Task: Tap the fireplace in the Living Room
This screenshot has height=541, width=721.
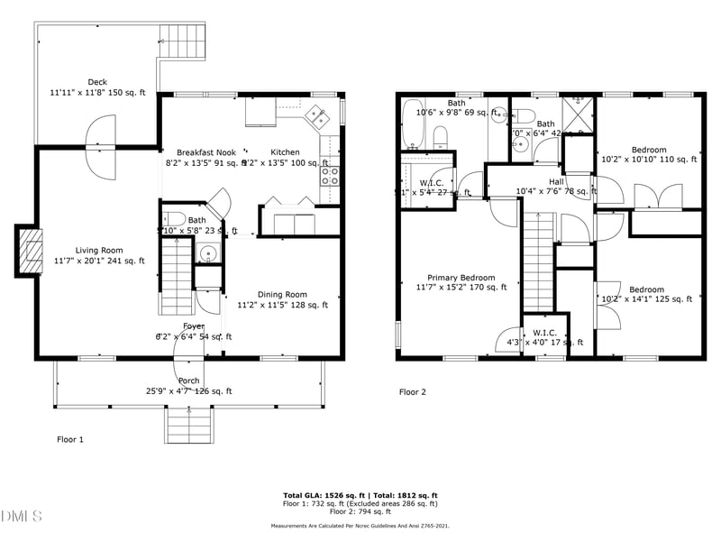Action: (x=31, y=250)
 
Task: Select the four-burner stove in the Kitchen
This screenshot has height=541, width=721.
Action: (x=330, y=175)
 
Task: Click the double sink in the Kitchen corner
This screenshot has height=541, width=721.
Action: (x=316, y=115)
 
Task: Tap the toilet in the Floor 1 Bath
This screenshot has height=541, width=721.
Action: (x=175, y=219)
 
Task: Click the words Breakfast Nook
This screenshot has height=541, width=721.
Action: (x=205, y=152)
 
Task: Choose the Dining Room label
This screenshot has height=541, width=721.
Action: (x=282, y=294)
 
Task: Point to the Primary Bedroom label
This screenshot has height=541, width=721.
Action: (x=461, y=278)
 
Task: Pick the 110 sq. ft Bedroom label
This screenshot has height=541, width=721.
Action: (x=648, y=150)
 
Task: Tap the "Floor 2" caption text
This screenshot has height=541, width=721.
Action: (x=413, y=392)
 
